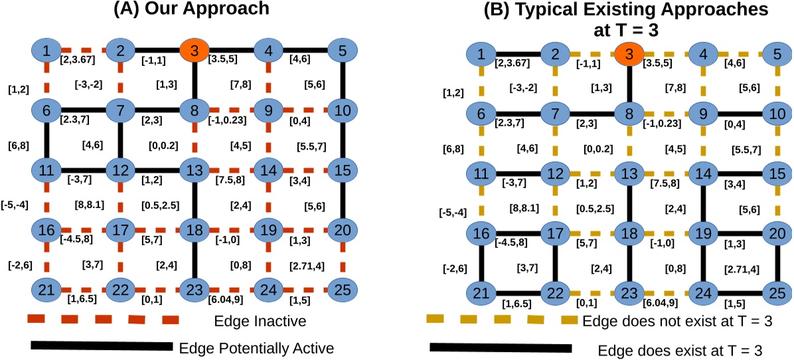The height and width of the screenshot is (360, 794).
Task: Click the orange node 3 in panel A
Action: tap(193, 50)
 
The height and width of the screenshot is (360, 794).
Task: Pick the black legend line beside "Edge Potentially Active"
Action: tap(101, 345)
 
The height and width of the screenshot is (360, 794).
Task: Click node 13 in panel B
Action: tap(628, 175)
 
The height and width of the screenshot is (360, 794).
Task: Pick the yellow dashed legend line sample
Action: tap(502, 320)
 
